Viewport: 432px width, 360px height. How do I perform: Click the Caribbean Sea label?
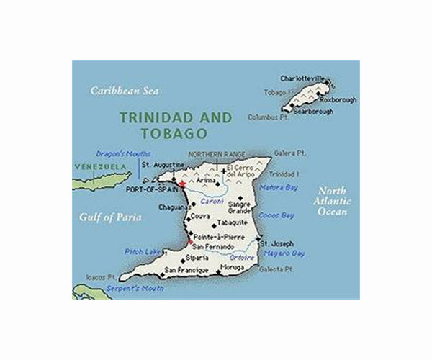pyautogui.click(x=125, y=91)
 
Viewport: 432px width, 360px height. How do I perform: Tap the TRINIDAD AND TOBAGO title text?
pyautogui.click(x=176, y=125)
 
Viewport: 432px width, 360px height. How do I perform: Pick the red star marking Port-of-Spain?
pyautogui.click(x=183, y=185)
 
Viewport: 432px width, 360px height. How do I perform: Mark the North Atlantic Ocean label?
pyautogui.click(x=334, y=202)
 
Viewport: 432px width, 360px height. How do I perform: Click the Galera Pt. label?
pyautogui.click(x=285, y=153)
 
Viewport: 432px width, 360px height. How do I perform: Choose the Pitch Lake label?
pyautogui.click(x=140, y=251)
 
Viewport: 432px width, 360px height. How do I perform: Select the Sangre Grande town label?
pyautogui.click(x=240, y=207)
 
